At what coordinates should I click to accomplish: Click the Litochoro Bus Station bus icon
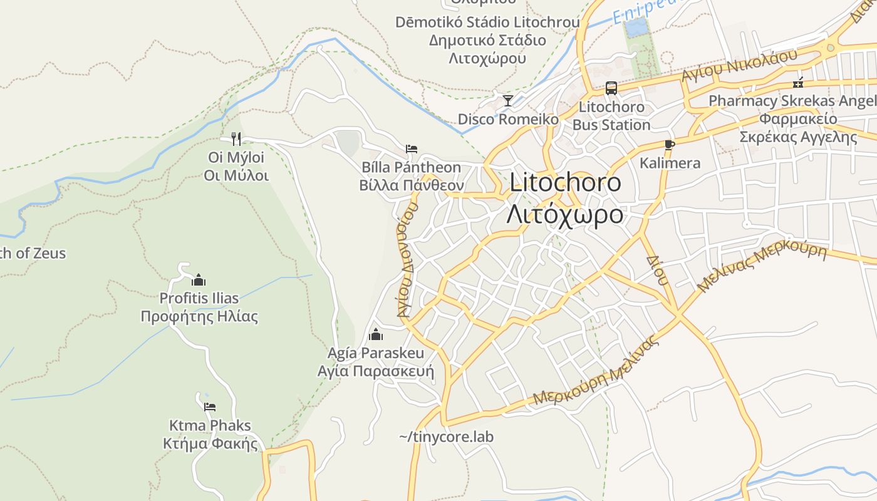[x=611, y=88]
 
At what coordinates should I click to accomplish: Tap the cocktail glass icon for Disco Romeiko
[x=508, y=100]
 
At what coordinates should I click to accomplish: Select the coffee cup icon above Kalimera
[x=669, y=145]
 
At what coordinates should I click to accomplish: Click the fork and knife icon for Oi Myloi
[x=236, y=138]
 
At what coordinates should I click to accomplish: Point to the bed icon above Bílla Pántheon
[x=411, y=149]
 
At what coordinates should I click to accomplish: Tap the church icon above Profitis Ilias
[x=199, y=279]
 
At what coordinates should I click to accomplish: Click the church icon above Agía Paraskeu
[x=376, y=334]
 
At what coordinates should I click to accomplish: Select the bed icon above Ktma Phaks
[x=210, y=407]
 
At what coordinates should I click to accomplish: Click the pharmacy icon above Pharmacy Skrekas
[x=798, y=82]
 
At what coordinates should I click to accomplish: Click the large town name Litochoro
[x=565, y=182]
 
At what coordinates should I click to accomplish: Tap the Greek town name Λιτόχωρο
[x=565, y=214]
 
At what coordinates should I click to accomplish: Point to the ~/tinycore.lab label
[x=446, y=436]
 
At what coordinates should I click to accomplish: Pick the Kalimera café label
[x=670, y=163]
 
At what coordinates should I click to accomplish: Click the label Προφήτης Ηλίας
[x=199, y=316]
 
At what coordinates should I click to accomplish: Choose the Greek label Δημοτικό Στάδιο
[x=487, y=41]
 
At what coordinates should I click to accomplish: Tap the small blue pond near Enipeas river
[x=635, y=27]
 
